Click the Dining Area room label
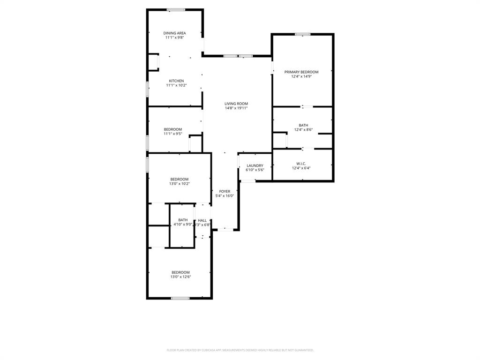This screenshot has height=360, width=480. click(x=174, y=33)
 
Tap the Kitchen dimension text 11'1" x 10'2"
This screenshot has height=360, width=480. click(x=176, y=85)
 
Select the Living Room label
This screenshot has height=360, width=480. click(x=236, y=104)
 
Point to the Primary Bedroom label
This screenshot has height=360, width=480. click(x=301, y=72)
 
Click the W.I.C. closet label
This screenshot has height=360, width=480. click(x=301, y=163)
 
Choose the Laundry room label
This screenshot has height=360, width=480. click(x=255, y=165)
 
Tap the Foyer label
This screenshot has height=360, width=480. click(x=225, y=191)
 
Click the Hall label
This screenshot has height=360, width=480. click(x=202, y=220)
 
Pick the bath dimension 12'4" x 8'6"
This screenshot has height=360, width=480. click(x=303, y=130)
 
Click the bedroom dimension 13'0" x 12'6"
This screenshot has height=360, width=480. click(x=180, y=277)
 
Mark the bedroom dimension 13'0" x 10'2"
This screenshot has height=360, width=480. click(x=180, y=184)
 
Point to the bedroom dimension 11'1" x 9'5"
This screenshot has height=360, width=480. click(x=172, y=134)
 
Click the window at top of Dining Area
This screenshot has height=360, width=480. click(x=176, y=10)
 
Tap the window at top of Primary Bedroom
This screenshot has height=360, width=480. click(x=302, y=34)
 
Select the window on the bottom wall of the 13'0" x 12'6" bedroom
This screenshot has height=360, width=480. click(x=180, y=298)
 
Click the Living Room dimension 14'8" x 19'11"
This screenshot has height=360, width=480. click(x=236, y=108)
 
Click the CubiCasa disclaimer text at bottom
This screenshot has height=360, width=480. click(x=240, y=350)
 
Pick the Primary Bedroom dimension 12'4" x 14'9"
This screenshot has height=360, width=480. click(x=301, y=76)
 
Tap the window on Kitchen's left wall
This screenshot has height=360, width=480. click(x=148, y=89)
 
